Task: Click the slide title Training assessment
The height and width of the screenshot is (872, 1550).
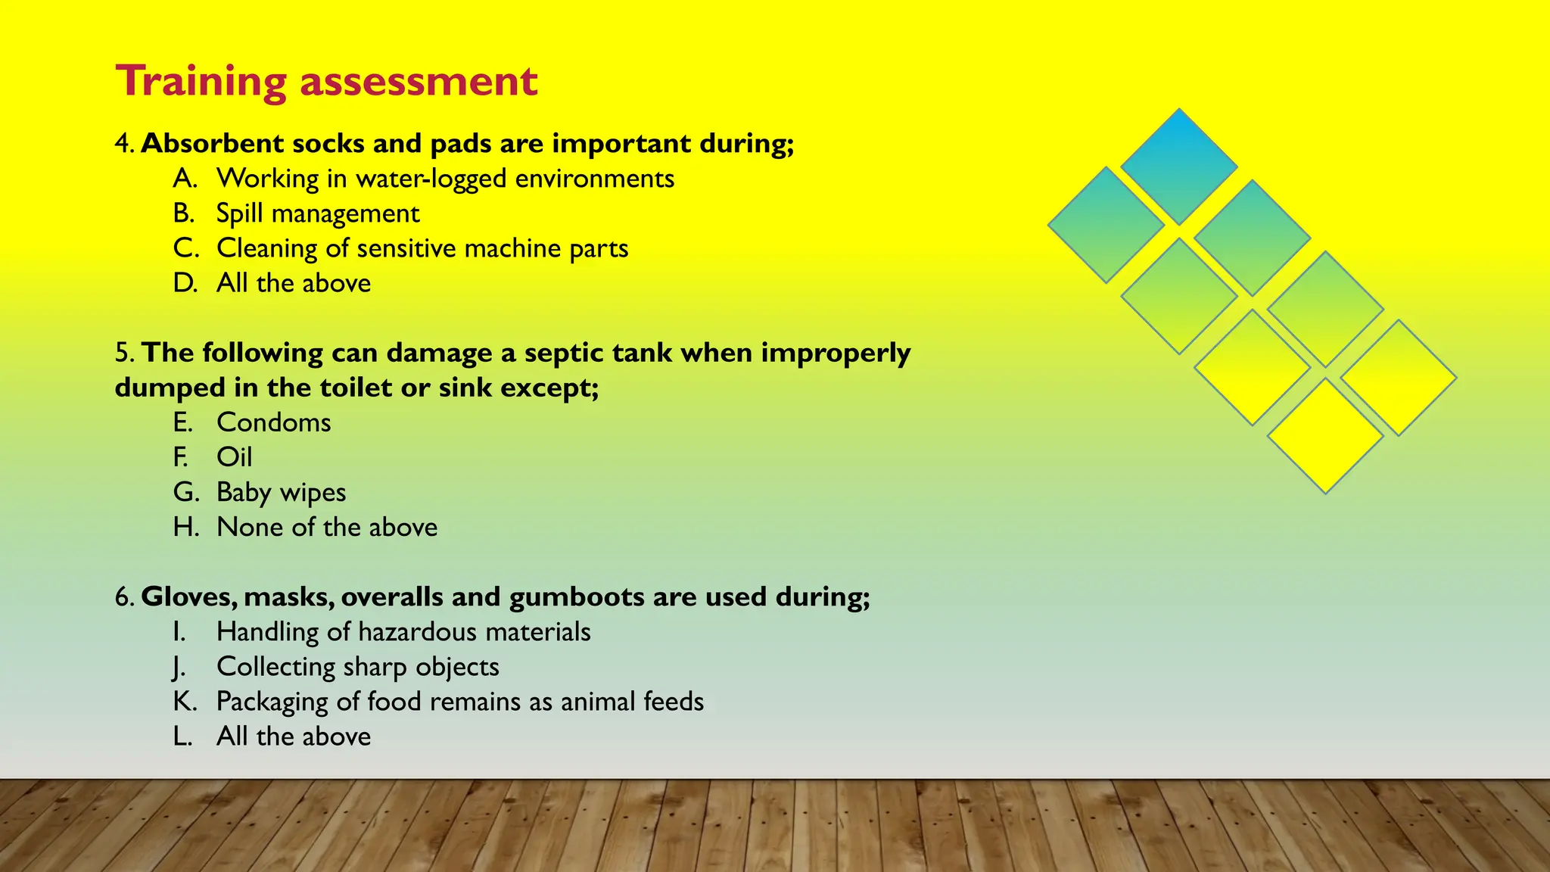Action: [x=326, y=81]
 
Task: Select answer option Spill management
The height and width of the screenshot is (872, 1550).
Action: [x=318, y=213]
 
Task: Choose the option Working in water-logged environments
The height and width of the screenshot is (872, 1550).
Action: [x=445, y=179]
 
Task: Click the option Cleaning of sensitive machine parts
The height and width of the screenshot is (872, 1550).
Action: [x=422, y=248]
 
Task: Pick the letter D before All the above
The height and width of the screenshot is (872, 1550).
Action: [x=184, y=283]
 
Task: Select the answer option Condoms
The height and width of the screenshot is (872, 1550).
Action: [x=273, y=422]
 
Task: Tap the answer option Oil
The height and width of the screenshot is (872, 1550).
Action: [x=234, y=457]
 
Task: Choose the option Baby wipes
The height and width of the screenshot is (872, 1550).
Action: [x=281, y=492]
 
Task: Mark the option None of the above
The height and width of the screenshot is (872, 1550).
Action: [x=327, y=527]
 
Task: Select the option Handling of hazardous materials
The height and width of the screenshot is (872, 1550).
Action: [x=403, y=632]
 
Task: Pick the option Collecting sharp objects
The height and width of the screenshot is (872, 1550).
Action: [x=357, y=667]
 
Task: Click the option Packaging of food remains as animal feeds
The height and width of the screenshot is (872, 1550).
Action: [x=460, y=702]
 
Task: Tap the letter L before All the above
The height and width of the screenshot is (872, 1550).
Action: [x=182, y=737]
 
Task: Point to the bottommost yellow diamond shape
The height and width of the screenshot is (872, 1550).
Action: [x=1325, y=436]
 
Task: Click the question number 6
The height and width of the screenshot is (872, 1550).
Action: [x=123, y=597]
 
